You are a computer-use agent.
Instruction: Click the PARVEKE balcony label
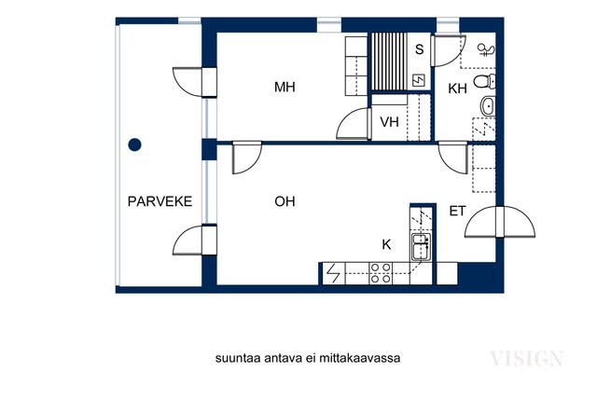coord(160,201)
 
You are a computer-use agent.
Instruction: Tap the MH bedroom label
coord(285,87)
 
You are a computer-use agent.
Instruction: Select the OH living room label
coord(285,201)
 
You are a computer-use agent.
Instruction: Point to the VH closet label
coord(390,122)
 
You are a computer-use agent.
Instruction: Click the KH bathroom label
coord(457,89)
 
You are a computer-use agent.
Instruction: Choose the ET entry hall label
coord(457,212)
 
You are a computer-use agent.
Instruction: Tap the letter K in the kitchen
coord(386,244)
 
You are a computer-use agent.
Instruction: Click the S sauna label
coord(419,49)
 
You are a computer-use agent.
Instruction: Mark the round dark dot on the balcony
coord(134,144)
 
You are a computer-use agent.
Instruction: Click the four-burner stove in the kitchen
coord(381,273)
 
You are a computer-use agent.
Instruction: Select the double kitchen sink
coord(421,247)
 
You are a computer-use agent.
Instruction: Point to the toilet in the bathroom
coord(485,81)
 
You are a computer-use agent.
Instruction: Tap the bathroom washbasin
coord(488,106)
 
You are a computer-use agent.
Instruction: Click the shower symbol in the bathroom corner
coord(486,49)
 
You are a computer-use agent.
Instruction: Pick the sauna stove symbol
coord(419,80)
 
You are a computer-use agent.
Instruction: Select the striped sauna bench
coord(389,62)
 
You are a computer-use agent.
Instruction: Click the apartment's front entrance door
coord(500,222)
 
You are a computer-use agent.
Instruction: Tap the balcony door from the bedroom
coord(195,82)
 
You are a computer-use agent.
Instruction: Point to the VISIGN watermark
coord(526,359)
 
